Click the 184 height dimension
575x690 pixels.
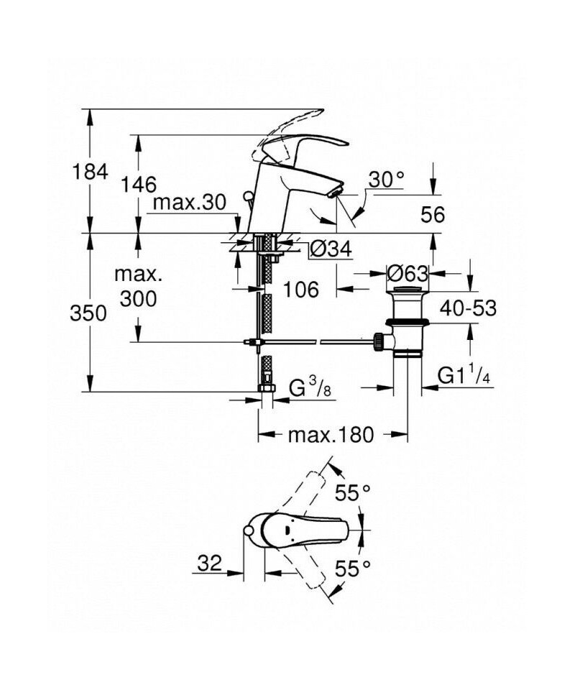90,171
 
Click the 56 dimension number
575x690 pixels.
431,214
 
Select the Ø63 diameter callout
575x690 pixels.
408,273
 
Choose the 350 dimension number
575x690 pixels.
89,313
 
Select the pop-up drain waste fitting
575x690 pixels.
408,323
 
